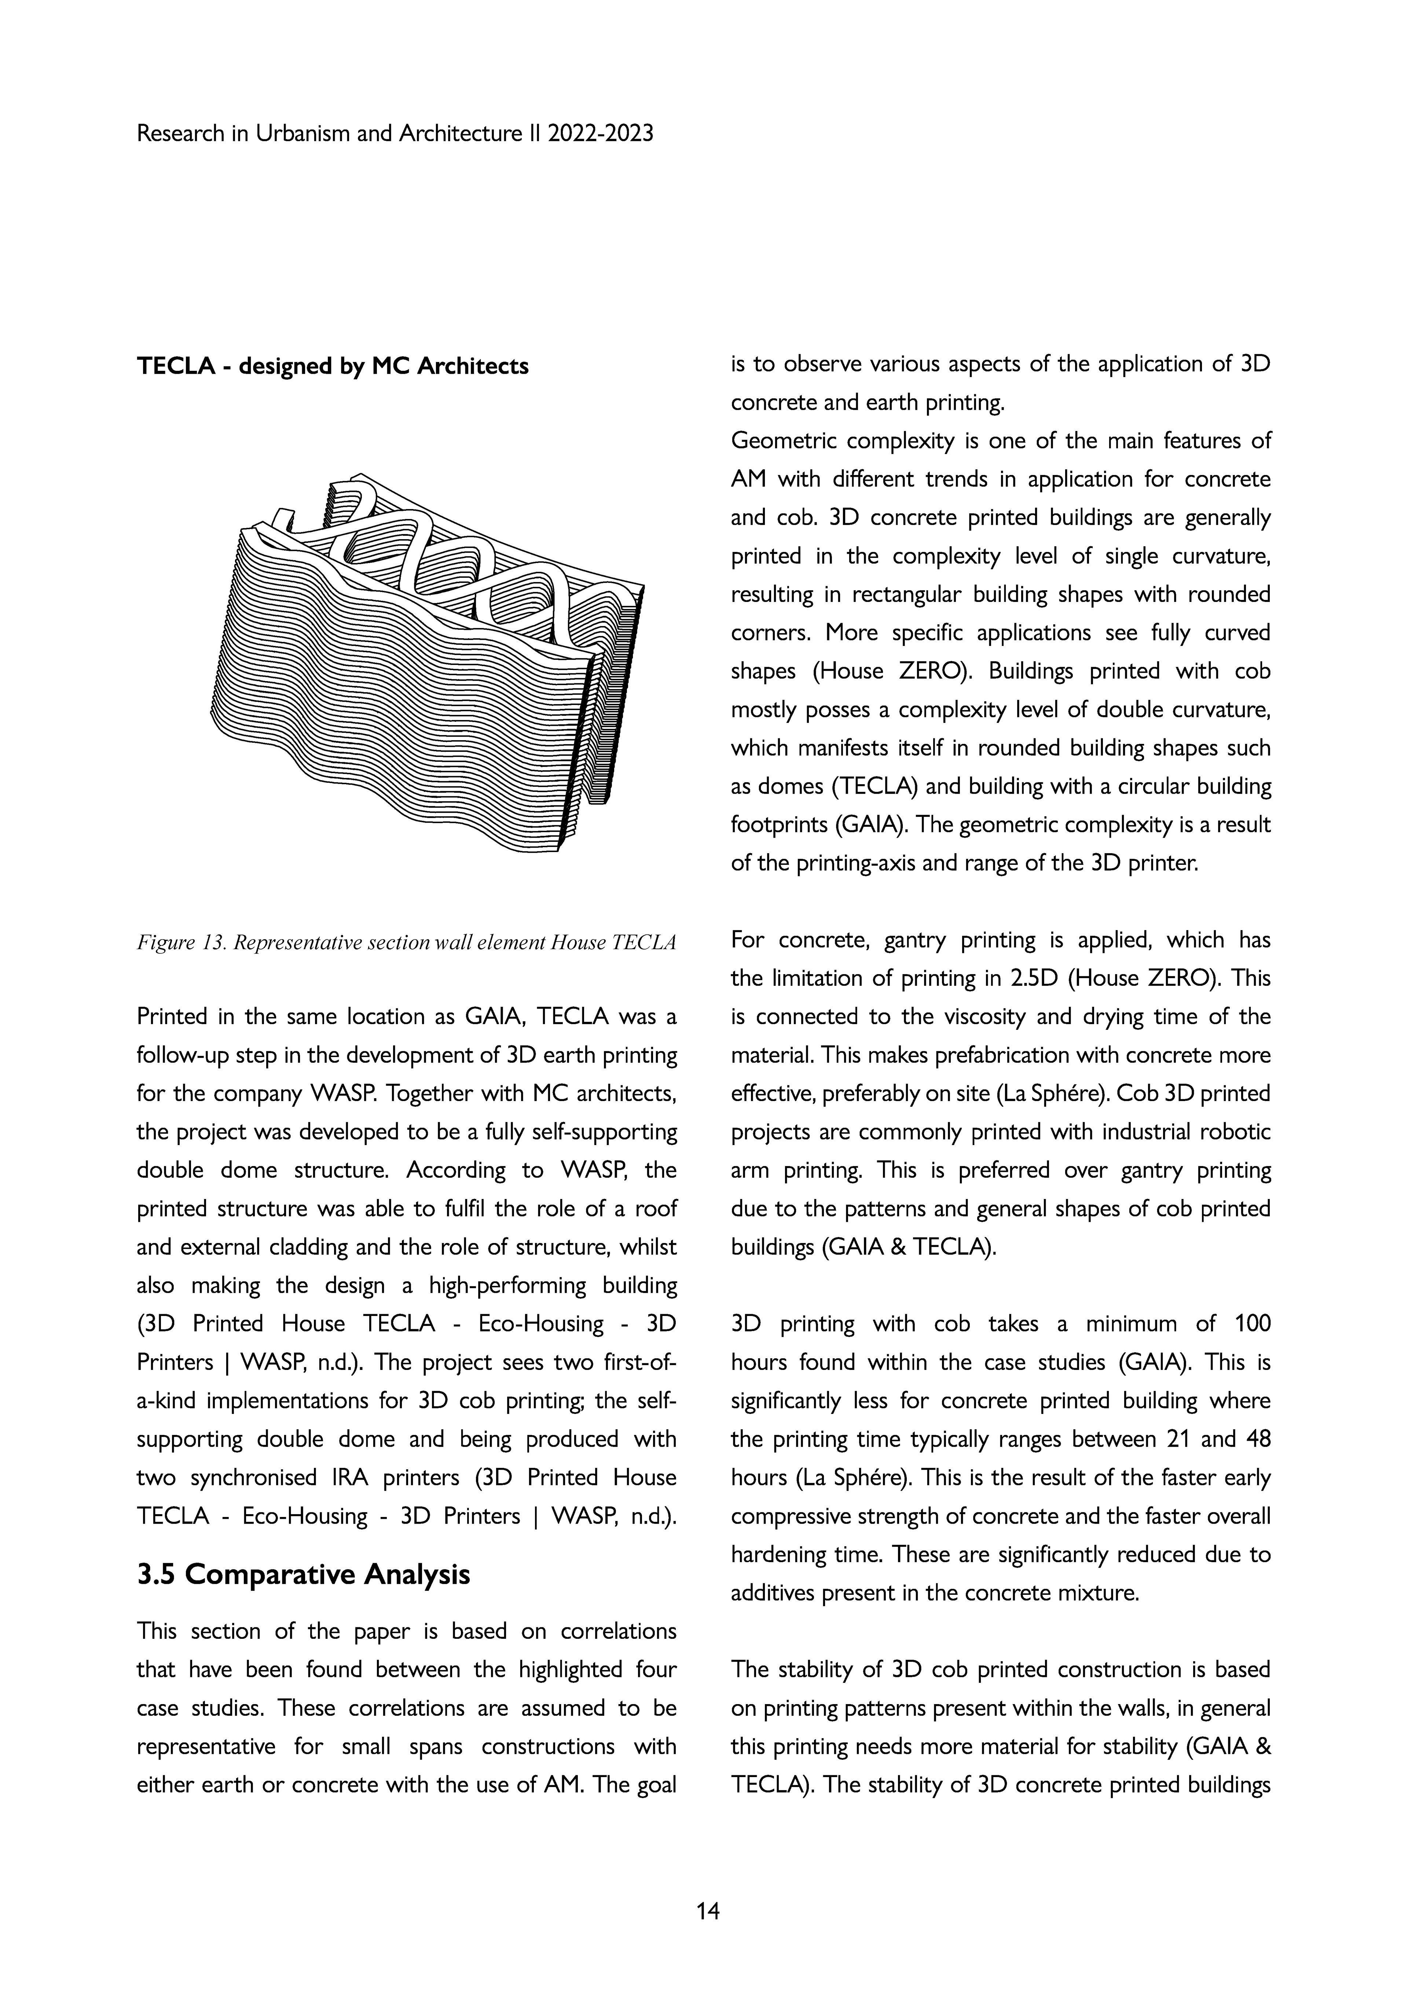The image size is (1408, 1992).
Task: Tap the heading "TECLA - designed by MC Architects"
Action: click(332, 366)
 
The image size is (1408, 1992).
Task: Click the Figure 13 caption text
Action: click(406, 942)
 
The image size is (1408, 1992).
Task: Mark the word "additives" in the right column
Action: click(779, 1593)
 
